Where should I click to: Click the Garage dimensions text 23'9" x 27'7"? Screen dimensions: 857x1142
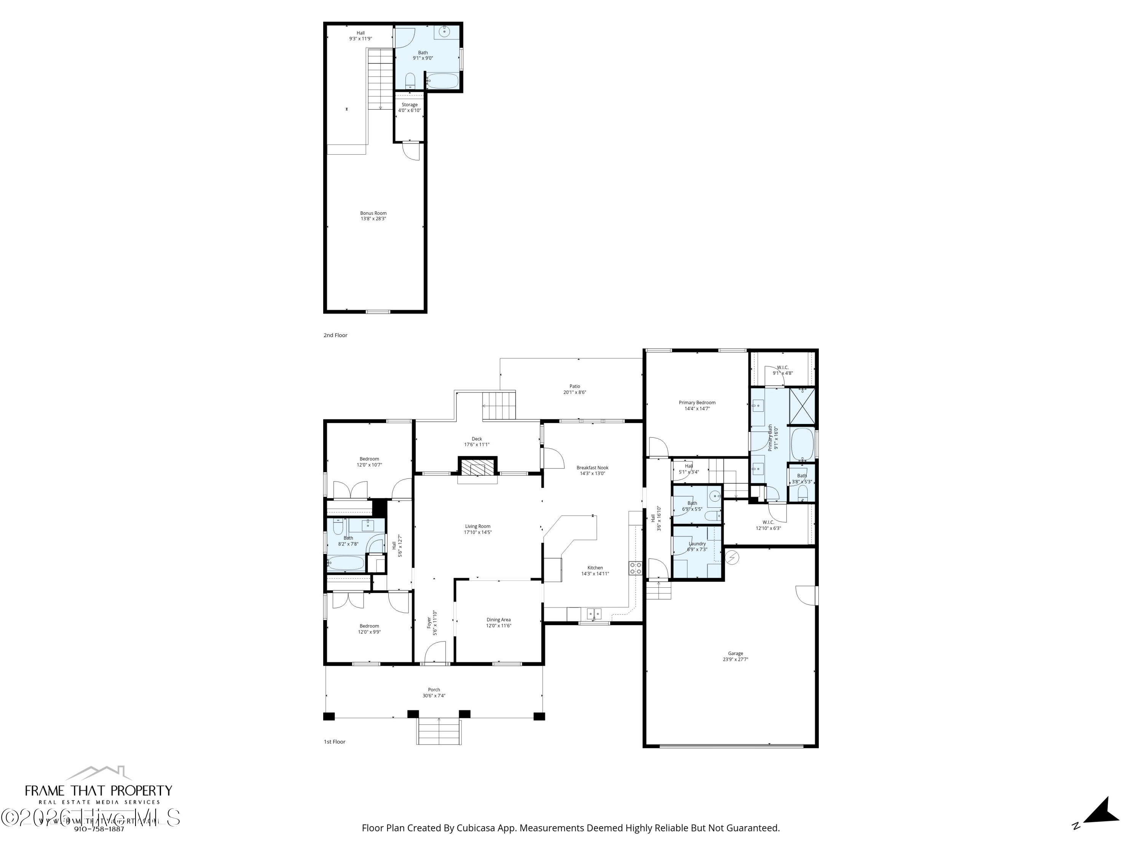pos(735,659)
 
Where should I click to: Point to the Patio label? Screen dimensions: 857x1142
pos(574,386)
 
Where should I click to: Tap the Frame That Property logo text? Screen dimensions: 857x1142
pos(99,791)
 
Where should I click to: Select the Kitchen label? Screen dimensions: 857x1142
pos(595,568)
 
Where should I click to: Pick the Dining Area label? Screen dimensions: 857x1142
pos(498,620)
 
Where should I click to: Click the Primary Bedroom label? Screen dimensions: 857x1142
pos(697,403)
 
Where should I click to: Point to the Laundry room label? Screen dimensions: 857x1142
pos(697,544)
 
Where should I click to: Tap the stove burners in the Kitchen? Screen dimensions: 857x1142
pos(635,568)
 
